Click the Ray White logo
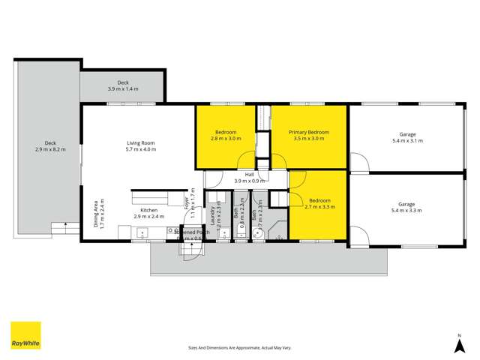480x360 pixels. coord(25,336)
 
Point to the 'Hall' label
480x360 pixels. coord(250,175)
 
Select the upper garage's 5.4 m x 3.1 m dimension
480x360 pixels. coord(406,140)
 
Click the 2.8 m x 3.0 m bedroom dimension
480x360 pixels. coord(226,139)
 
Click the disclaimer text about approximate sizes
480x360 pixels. coord(239,348)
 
